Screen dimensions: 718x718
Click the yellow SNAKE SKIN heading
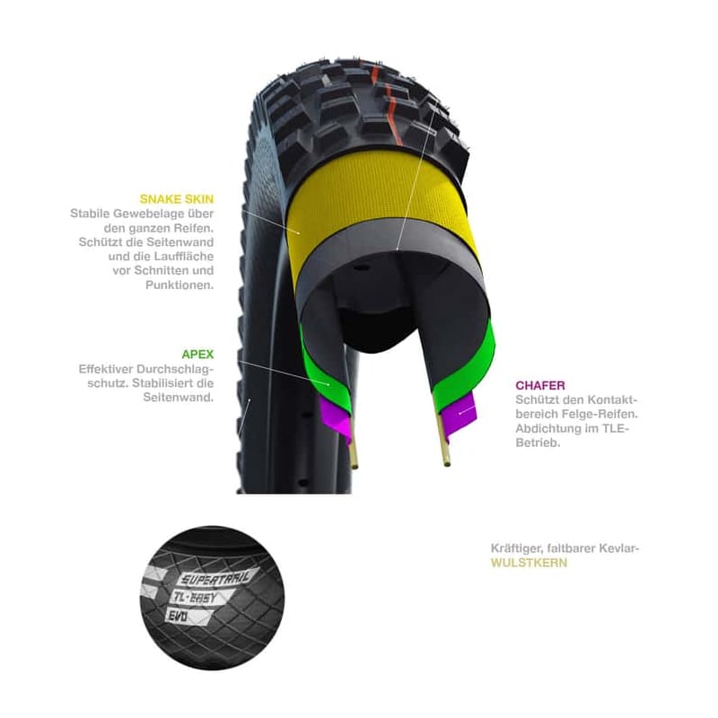[x=177, y=198]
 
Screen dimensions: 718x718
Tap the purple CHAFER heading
[x=540, y=385]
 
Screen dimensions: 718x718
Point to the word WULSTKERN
[x=529, y=564]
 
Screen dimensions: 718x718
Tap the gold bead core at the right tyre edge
[x=444, y=452]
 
